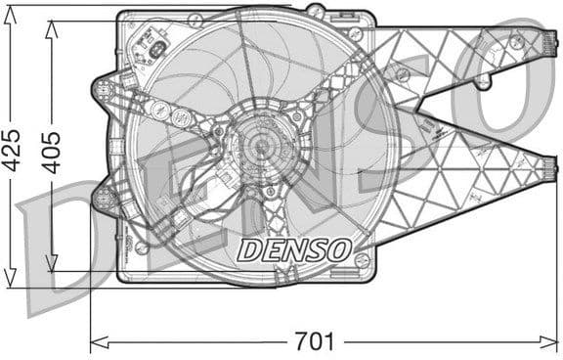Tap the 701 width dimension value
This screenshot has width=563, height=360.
(x=315, y=342)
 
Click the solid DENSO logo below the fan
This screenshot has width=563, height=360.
(x=294, y=249)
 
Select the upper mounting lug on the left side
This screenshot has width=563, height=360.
(x=104, y=90)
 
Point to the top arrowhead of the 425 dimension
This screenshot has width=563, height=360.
(x=12, y=12)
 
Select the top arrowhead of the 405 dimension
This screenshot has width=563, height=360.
(x=52, y=22)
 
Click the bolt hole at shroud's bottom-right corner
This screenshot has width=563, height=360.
(x=363, y=260)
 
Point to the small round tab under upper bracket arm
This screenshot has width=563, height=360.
(x=482, y=83)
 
